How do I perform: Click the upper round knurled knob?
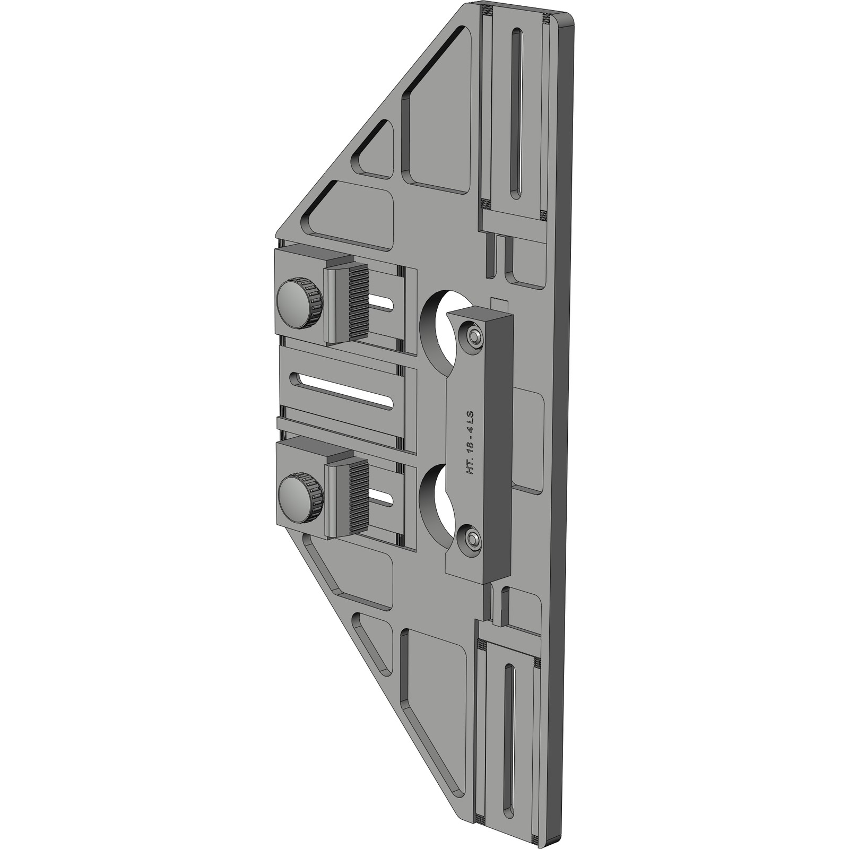299,304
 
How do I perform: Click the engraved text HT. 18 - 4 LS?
470,442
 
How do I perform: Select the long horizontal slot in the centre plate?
342,391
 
